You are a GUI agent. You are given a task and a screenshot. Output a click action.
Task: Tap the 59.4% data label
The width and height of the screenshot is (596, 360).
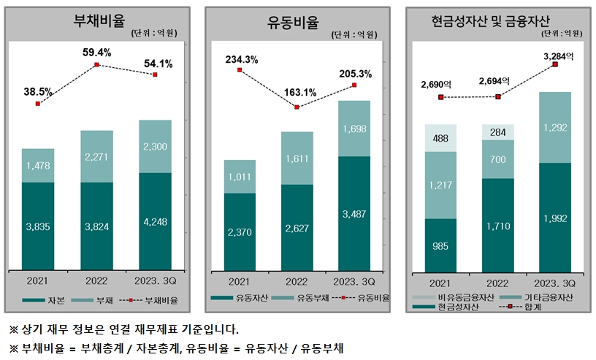[96, 53]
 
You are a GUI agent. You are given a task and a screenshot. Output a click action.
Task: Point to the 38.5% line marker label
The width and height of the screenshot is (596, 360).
[38, 92]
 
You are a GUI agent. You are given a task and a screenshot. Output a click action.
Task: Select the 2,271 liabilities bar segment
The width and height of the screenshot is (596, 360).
[96, 156]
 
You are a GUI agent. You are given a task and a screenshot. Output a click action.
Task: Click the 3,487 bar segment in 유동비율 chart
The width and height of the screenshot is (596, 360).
[354, 213]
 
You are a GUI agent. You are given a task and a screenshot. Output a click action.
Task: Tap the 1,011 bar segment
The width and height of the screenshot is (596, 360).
[240, 176]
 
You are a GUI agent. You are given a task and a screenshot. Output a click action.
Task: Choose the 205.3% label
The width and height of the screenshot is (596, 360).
[355, 74]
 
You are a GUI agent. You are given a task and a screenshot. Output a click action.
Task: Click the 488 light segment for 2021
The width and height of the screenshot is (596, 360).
[440, 138]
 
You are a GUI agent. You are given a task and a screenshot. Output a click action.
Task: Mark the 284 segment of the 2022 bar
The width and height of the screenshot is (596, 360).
[498, 132]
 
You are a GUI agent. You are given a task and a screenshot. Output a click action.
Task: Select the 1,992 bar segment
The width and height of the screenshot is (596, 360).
[555, 218]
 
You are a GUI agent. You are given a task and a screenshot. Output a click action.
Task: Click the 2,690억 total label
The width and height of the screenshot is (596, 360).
[440, 84]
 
